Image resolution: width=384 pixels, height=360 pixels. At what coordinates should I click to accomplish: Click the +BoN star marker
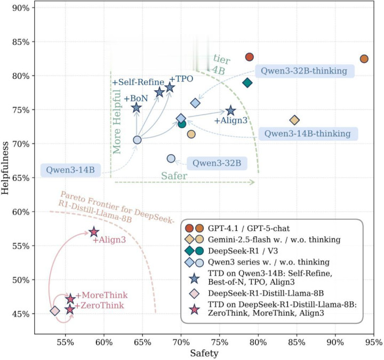click(137, 108)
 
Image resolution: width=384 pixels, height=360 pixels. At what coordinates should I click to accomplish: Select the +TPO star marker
click(170, 87)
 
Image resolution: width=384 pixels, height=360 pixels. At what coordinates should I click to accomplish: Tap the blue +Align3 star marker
click(230, 111)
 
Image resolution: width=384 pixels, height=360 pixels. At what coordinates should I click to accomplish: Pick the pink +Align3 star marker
click(94, 232)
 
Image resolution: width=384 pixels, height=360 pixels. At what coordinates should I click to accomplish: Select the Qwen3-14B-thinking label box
click(307, 133)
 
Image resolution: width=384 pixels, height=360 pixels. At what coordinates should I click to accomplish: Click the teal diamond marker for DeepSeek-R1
click(247, 83)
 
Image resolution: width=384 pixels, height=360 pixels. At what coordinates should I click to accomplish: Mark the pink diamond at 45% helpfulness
click(55, 311)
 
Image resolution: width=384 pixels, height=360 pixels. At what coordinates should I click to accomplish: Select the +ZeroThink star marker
click(70, 309)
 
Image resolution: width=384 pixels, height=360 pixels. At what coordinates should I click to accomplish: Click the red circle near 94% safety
click(364, 59)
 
